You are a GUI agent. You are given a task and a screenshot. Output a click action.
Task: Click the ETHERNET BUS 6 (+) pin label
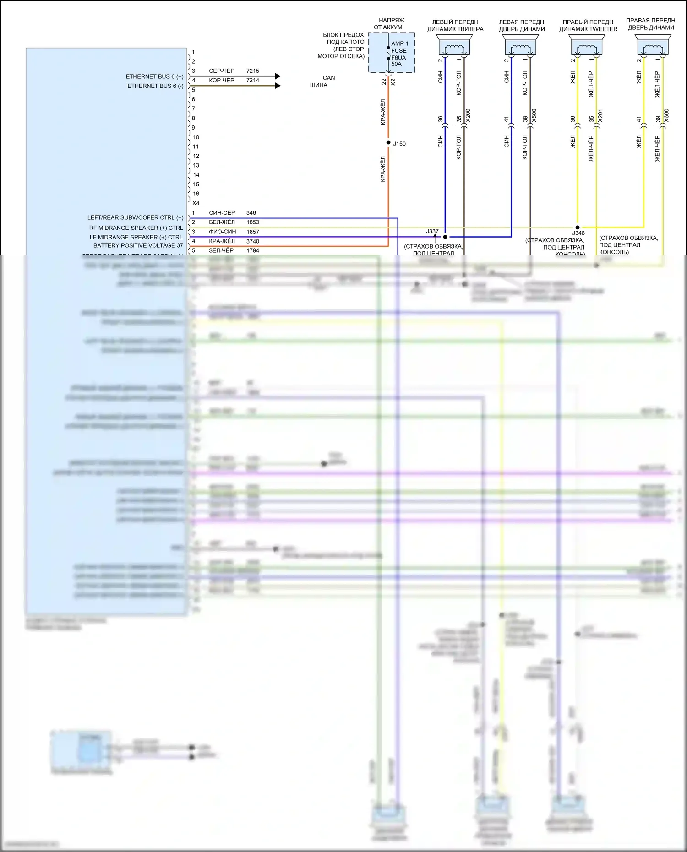(x=154, y=76)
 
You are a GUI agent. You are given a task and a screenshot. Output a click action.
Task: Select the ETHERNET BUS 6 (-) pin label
(x=155, y=86)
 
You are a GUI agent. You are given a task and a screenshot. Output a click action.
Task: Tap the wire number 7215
(x=252, y=71)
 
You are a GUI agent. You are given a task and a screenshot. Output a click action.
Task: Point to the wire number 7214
(x=252, y=81)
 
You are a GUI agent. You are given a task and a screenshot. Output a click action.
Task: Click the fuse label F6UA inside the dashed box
(x=398, y=58)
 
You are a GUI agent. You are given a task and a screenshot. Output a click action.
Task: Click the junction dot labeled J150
(x=388, y=143)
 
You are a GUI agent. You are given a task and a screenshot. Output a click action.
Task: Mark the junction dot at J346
(x=578, y=227)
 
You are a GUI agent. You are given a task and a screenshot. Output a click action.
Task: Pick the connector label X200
(x=468, y=115)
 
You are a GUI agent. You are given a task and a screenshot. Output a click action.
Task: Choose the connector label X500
(x=534, y=115)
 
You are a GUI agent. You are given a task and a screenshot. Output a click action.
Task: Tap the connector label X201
(x=600, y=115)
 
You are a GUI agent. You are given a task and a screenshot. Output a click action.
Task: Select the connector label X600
(x=666, y=115)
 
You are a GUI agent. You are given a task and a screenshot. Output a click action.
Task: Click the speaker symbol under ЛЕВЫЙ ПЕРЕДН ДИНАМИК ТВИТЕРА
(x=455, y=47)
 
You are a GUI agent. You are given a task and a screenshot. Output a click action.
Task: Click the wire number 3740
(x=252, y=241)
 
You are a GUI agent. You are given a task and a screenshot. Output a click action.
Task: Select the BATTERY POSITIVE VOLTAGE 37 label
(x=138, y=246)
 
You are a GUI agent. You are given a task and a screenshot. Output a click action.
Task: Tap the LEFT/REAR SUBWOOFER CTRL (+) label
(x=135, y=217)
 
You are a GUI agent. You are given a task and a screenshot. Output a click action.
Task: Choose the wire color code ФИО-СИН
(x=222, y=232)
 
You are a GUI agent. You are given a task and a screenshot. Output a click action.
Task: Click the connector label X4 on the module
(x=196, y=203)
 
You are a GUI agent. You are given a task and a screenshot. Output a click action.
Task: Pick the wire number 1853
(x=252, y=222)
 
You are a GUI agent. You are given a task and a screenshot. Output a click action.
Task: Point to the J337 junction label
(x=432, y=231)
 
